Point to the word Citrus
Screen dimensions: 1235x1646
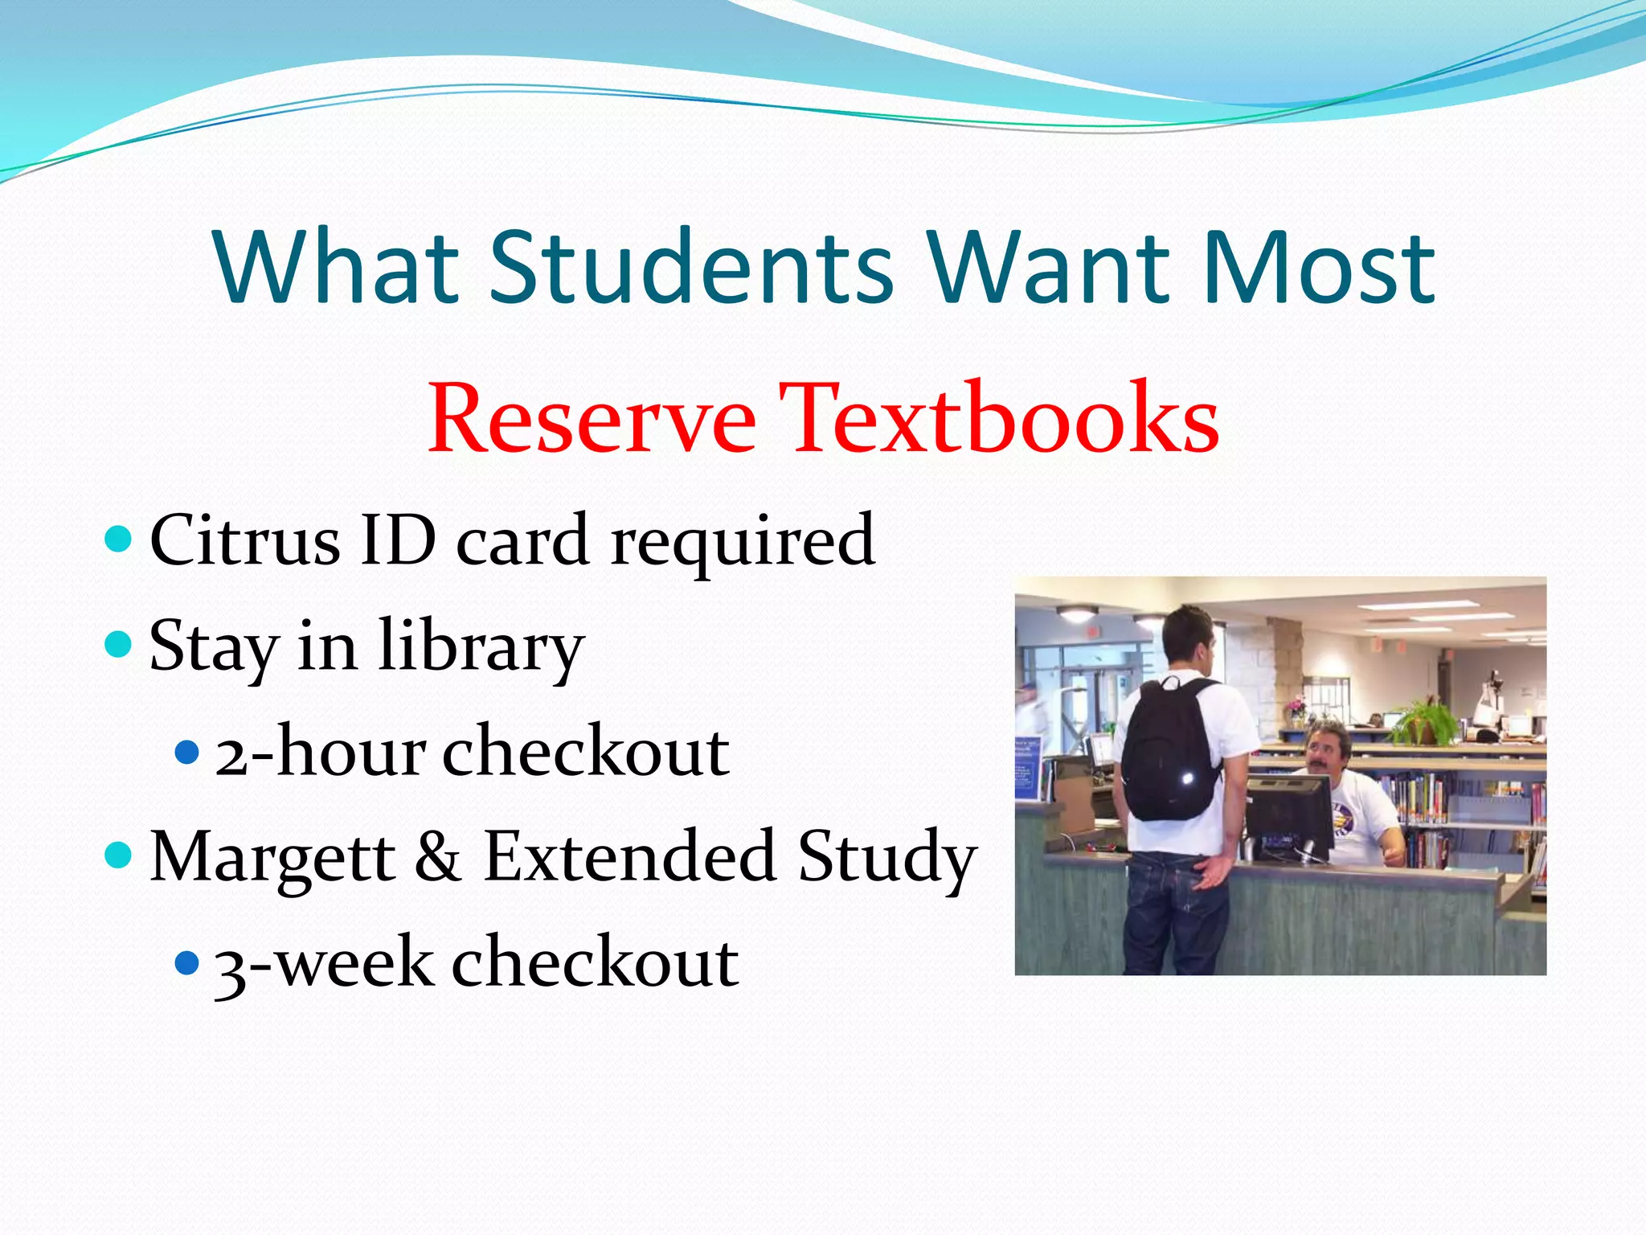pos(244,540)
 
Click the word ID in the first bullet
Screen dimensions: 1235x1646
pos(398,540)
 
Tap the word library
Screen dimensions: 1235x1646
pos(481,648)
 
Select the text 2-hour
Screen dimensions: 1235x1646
pos(320,752)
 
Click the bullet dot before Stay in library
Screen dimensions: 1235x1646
pos(118,644)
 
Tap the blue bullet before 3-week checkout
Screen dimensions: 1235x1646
pos(186,962)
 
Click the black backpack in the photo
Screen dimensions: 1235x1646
pos(1169,752)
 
